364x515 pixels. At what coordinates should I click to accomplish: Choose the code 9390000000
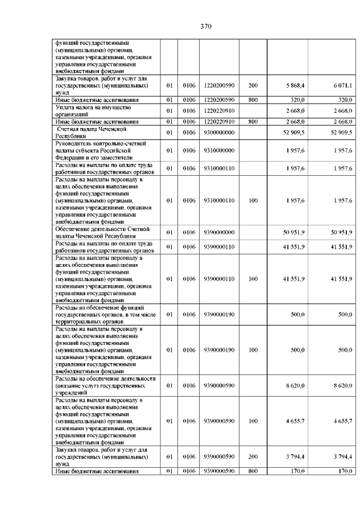pyautogui.click(x=218, y=232)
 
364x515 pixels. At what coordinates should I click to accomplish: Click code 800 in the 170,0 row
pyautogui.click(x=253, y=471)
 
